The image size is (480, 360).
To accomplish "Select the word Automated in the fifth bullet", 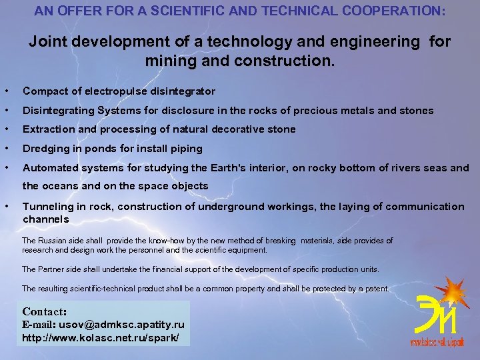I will [x=49, y=167].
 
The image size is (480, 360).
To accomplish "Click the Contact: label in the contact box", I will [x=45, y=311].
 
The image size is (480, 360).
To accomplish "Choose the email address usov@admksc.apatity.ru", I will [x=122, y=325].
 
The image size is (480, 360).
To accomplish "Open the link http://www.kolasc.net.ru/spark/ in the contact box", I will [x=101, y=338].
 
